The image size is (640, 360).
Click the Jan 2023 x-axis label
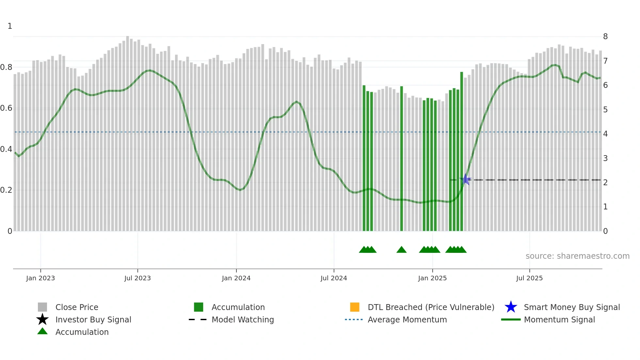pos(40,278)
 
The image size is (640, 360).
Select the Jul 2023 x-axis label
pos(137,278)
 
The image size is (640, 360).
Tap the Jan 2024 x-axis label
pos(236,278)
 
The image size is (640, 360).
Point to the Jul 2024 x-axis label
pos(334,278)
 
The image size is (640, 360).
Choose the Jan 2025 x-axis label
pos(432,278)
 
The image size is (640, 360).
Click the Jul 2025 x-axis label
pos(529,278)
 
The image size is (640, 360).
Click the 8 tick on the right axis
pos(605,37)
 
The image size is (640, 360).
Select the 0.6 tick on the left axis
pos(7,108)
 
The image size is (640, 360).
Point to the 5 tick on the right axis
pos(605,110)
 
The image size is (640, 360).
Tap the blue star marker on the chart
pos(466,180)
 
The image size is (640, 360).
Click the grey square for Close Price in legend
pos(42,307)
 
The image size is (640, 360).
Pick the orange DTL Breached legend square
pos(355,307)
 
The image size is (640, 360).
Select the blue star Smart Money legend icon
pos(511,307)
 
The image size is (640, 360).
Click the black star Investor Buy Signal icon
pos(42,319)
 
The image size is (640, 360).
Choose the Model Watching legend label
pos(243,319)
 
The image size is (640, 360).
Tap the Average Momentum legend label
pos(407,319)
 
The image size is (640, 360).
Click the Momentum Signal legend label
pos(559,319)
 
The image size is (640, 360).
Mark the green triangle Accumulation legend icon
pos(42,331)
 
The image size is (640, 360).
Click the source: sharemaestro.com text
pos(577,256)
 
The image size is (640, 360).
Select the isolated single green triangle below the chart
pos(401,250)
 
